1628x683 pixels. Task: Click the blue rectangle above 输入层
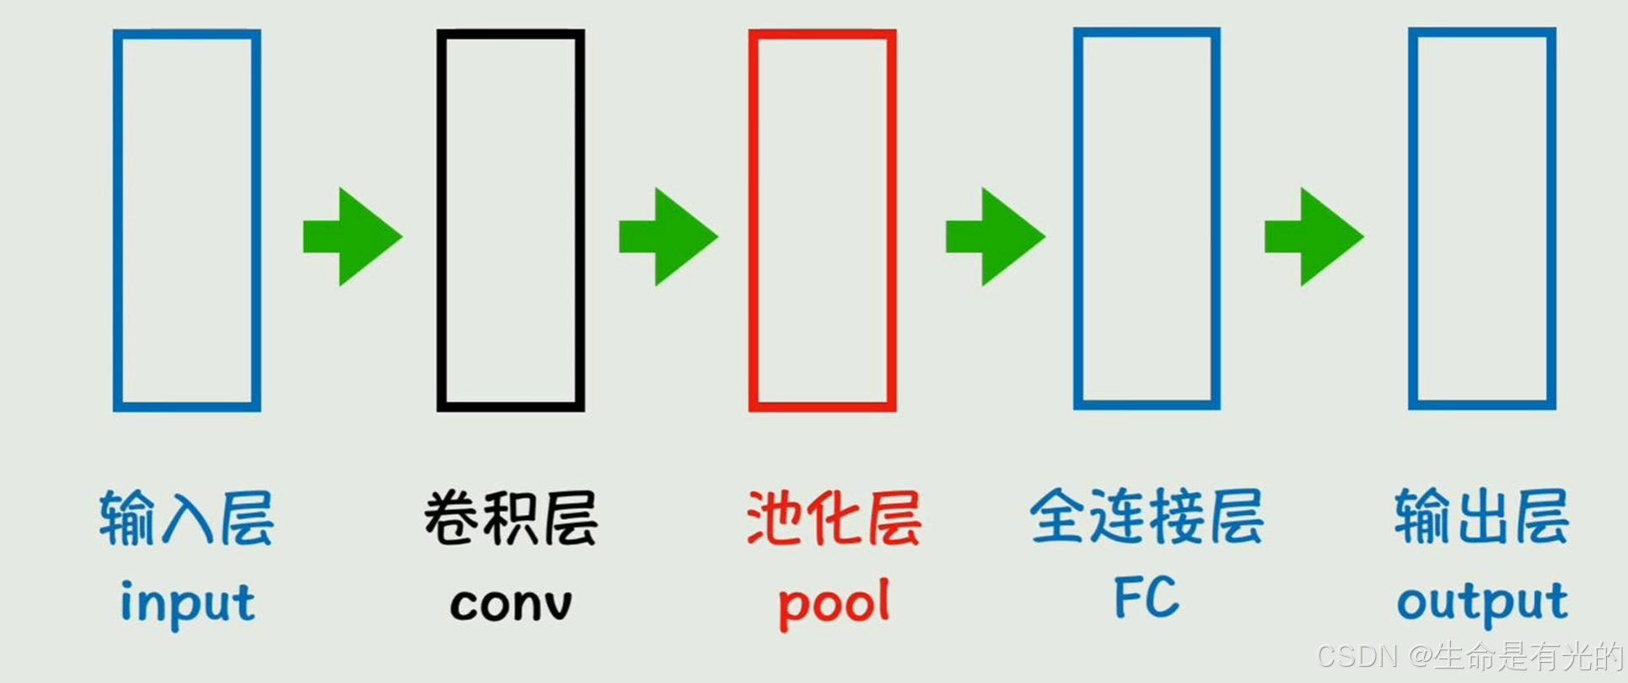186,220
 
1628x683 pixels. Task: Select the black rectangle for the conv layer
510,220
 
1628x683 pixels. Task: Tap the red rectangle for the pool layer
822,220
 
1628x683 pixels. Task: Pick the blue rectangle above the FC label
1146,218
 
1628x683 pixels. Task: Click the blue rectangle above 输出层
1481,218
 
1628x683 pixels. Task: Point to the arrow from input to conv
352,237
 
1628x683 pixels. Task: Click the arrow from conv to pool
668,237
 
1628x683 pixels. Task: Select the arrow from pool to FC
995,237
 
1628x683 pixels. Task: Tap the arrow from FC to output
1314,237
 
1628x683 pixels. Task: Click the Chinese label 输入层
186,518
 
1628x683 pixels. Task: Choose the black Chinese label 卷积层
510,518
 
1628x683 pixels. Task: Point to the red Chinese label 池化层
834,518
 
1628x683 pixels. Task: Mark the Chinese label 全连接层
1147,516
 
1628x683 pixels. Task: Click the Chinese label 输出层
1481,516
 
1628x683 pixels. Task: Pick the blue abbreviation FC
1147,597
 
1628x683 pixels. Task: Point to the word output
1482,602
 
